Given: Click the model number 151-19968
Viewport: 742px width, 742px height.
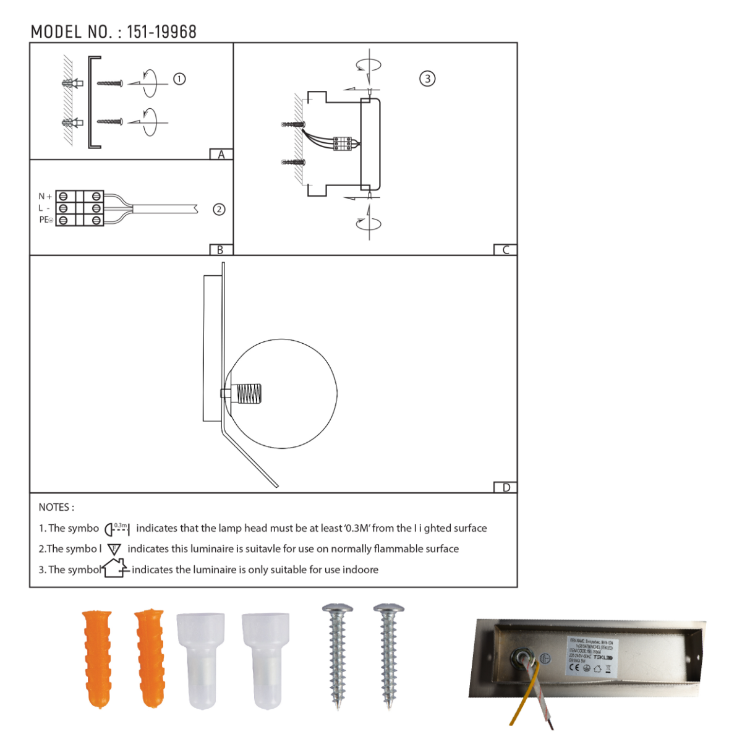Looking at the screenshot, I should click(x=161, y=32).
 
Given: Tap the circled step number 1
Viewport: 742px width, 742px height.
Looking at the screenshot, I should click(x=179, y=79).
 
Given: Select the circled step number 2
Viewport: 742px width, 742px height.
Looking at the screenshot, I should click(x=219, y=210).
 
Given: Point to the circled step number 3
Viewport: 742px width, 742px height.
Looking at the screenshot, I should click(x=427, y=79).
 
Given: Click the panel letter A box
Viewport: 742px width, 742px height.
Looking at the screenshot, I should click(x=221, y=155).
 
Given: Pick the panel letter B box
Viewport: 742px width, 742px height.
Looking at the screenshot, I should click(x=221, y=250).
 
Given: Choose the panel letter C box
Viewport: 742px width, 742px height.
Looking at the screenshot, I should click(x=505, y=250).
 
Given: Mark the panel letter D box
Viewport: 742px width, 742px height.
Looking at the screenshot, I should click(x=506, y=487).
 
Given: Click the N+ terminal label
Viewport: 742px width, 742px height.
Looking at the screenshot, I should click(x=45, y=197).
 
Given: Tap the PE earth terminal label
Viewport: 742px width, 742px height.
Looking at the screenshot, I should click(x=46, y=220).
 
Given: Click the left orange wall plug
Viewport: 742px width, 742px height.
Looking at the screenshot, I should click(x=97, y=658).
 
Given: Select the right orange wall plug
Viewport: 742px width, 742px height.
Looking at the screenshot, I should click(x=150, y=658).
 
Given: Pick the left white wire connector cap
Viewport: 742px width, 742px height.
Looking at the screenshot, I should click(x=200, y=660).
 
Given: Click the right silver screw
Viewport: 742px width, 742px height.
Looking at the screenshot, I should click(x=389, y=655).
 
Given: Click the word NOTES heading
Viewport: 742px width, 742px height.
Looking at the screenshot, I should click(x=56, y=507).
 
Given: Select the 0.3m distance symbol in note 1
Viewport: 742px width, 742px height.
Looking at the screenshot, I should click(x=117, y=529).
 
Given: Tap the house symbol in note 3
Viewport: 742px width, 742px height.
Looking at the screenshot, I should click(x=115, y=568).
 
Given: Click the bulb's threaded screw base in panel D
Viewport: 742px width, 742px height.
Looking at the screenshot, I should click(x=249, y=393).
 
